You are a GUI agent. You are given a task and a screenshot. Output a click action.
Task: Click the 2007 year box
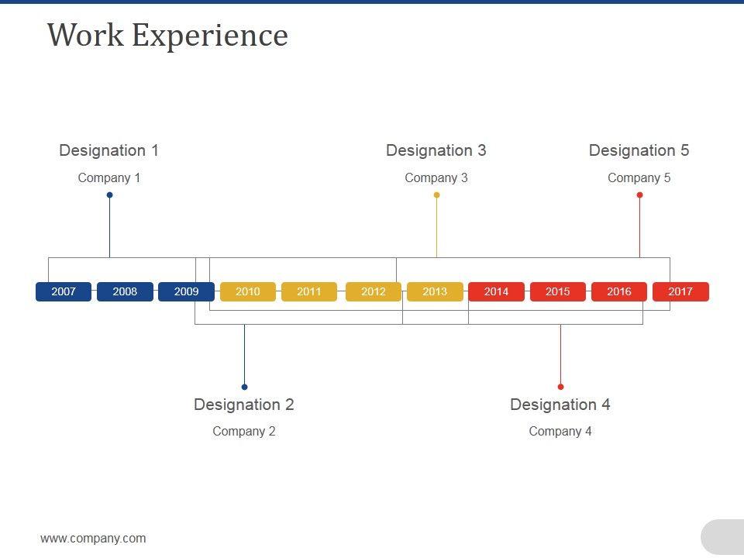pos(64,291)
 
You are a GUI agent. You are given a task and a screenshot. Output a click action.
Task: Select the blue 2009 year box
pos(186,291)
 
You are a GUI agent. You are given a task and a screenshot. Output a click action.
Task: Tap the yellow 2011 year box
pos(308,291)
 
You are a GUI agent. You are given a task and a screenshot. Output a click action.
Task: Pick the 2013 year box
pos(435,291)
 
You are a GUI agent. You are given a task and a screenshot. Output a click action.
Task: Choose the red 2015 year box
pos(557,291)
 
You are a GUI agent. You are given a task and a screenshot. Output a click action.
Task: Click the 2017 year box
pos(680,291)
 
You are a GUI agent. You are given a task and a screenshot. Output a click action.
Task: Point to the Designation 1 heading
pos(109,150)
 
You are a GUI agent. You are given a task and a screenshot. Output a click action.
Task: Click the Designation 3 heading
pos(436,150)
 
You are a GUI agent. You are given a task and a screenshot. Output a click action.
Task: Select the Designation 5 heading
pos(639,150)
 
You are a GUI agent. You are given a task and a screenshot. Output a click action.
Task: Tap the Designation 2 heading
pos(244,405)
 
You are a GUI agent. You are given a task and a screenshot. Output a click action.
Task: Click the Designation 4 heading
pos(560,405)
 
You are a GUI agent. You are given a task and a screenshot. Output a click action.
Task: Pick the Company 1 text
pos(109,177)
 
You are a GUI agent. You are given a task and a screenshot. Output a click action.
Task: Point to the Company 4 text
pos(560,431)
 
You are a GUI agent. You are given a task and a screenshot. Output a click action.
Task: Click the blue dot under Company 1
pos(109,195)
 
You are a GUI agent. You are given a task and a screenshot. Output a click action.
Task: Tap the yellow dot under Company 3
pos(436,195)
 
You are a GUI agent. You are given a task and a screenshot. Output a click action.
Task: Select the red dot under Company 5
pos(639,195)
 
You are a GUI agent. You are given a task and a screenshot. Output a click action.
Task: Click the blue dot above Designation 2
pos(244,387)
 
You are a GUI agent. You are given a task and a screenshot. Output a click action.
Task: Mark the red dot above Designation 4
pos(560,387)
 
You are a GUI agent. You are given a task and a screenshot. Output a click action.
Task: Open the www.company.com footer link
pos(93,538)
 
